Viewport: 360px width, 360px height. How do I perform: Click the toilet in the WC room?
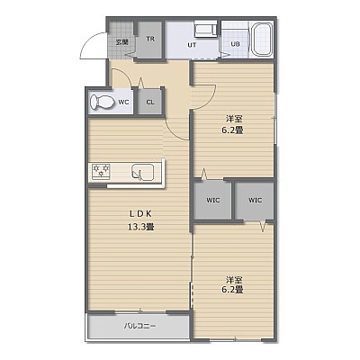point(102,102)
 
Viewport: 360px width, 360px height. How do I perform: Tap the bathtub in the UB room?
point(262,40)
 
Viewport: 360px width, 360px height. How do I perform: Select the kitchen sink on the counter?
point(143,173)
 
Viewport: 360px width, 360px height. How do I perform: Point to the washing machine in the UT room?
point(205,30)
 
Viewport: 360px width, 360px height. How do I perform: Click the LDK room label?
point(141,213)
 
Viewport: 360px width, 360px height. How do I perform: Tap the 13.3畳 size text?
point(141,227)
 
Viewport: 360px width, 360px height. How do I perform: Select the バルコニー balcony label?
point(140,326)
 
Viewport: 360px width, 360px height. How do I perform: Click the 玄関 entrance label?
point(122,42)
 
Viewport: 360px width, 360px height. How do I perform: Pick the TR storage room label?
point(150,39)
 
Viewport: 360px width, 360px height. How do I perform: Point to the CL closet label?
point(150,102)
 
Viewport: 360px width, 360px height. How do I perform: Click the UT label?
point(192,45)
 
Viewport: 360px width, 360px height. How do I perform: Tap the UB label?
point(236,44)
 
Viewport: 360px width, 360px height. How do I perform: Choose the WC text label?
point(123,102)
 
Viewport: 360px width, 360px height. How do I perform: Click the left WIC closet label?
point(213,200)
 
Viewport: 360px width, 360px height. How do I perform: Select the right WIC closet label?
point(255,200)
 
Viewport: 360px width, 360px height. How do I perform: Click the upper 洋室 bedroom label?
point(234,119)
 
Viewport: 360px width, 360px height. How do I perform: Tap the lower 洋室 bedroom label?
point(234,280)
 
